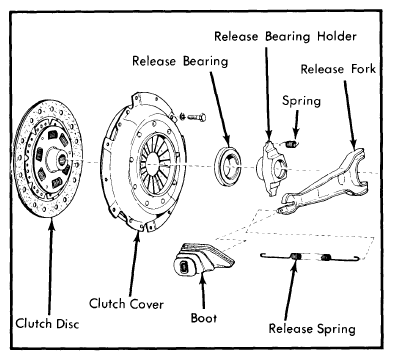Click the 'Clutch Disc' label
[x=47, y=324]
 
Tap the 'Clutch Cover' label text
[x=126, y=304]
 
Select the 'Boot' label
[x=204, y=318]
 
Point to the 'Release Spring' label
[x=312, y=329]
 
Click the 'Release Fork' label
[x=338, y=69]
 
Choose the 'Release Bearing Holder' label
[x=285, y=36]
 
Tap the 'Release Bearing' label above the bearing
[x=180, y=61]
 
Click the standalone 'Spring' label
[x=301, y=101]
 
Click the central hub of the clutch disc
[x=57, y=160]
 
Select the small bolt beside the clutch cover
[x=193, y=117]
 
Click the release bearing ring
[x=227, y=165]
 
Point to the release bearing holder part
[x=271, y=168]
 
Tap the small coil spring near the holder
[x=291, y=144]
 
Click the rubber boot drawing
[x=202, y=260]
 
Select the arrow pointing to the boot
[x=203, y=291]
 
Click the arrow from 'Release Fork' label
[x=351, y=116]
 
